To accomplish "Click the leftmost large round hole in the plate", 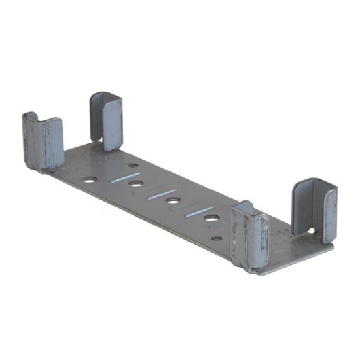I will [x=90, y=179].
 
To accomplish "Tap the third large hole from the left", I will [x=173, y=201].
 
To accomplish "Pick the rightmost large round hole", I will [x=211, y=218].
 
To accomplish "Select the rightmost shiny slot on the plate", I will [x=198, y=211].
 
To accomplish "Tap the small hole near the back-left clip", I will [x=133, y=166].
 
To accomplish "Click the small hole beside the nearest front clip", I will [x=216, y=237].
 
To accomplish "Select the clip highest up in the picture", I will [x=107, y=120].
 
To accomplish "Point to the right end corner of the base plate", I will [x=331, y=247].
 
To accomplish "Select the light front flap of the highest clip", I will [x=113, y=124].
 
